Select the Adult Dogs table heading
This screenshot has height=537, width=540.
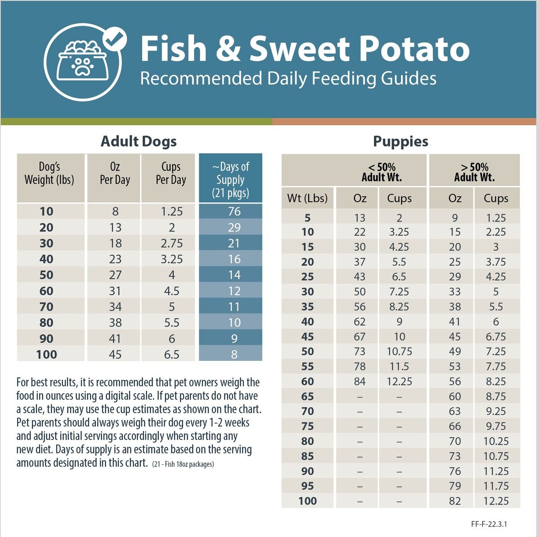tap(139, 141)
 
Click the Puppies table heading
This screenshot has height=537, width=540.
tap(400, 141)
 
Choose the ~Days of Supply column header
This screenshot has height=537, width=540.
tap(230, 180)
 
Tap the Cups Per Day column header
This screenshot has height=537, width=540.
tap(171, 173)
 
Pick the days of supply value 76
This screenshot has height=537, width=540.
tap(234, 211)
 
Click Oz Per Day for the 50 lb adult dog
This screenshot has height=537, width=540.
tap(115, 275)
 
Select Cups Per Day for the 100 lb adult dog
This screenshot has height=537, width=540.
tap(171, 354)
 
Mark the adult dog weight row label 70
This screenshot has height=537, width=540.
tap(46, 307)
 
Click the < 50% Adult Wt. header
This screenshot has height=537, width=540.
tap(382, 172)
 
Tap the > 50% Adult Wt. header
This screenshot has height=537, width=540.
tap(474, 172)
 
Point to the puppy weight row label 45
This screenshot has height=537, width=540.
tap(308, 337)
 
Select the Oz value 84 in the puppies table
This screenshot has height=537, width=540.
tap(360, 382)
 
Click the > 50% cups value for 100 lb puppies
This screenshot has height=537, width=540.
tap(496, 501)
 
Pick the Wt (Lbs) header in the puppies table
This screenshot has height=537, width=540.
tap(307, 198)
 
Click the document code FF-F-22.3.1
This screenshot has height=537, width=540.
tap(489, 524)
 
